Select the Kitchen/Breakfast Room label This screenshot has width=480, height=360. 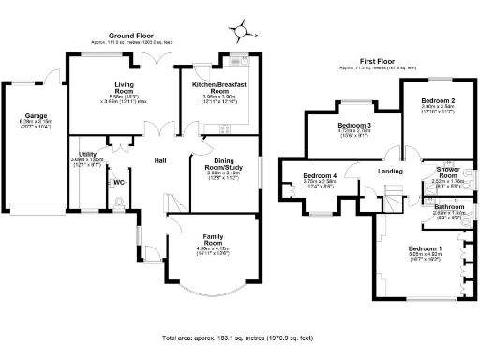(218, 84)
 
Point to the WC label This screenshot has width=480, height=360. (118, 181)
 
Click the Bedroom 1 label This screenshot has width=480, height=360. (425, 247)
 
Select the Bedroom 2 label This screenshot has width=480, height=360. (438, 100)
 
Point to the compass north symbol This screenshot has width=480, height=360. (244, 31)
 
